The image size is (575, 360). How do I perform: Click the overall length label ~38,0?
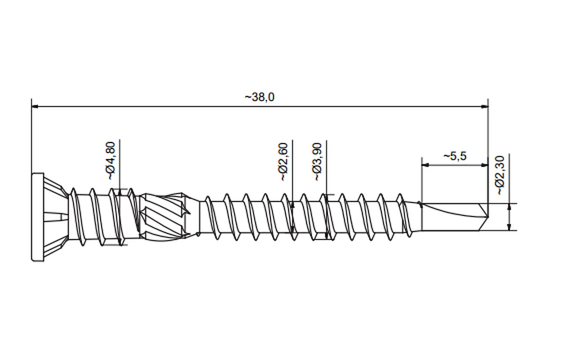coord(259,98)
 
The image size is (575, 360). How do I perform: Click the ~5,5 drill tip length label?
coord(455,156)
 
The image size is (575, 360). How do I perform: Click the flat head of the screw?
coord(38,217)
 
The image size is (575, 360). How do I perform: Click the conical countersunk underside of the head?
coord(55,217)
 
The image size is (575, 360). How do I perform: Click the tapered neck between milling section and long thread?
coord(194,217)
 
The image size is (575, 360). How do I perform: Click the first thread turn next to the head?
coord(75,217)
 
